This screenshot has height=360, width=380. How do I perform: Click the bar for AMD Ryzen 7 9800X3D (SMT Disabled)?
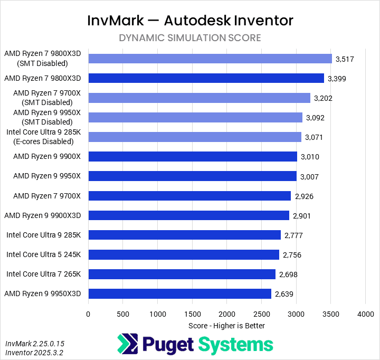pos(210,59)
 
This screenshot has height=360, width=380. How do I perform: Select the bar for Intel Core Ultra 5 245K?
pos(184,254)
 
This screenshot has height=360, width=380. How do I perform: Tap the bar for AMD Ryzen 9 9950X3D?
pos(179,293)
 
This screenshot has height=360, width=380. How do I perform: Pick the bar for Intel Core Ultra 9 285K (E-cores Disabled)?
pos(195,137)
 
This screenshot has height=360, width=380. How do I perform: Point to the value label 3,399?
pos(337,79)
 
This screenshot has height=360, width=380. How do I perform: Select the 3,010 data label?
pos(310,157)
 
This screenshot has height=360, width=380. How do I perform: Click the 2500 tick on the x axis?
pos(261,314)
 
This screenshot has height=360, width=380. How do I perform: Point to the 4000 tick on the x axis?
pos(365,314)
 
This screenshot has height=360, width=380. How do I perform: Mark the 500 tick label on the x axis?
pos(122,314)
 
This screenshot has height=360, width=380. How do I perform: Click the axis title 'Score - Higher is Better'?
pos(226,326)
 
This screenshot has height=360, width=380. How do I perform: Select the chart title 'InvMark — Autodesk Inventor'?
pos(190,21)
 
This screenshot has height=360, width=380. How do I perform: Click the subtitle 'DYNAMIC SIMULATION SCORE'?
pos(190,38)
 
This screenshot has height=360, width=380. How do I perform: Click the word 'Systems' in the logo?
pos(236,345)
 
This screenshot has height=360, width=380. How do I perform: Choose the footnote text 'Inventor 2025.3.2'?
pos(35,353)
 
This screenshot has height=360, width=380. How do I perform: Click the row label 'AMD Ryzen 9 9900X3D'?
pos(43,215)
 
